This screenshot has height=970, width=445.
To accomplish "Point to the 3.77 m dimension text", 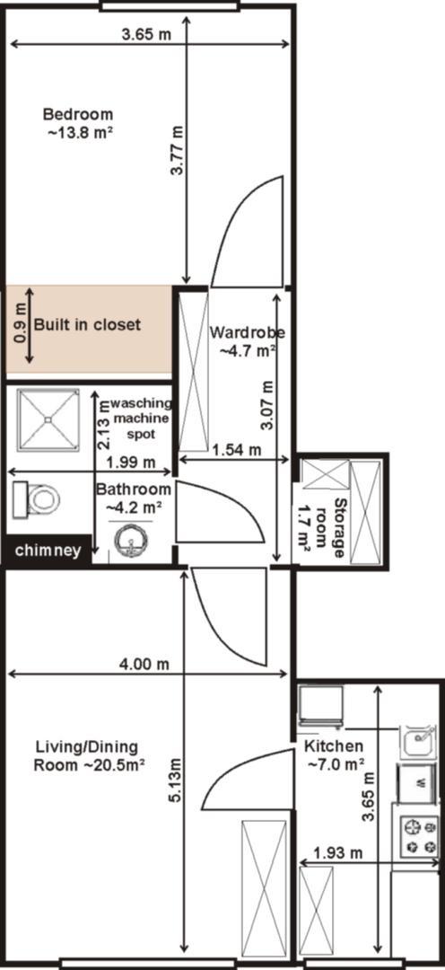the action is tap(178, 152).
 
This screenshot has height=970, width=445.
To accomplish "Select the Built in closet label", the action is tap(87, 324).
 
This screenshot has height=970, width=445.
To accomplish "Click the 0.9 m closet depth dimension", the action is tap(21, 325).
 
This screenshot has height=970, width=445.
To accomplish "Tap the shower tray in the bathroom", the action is tap(48, 419).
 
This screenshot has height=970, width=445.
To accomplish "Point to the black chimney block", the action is tap(48, 550).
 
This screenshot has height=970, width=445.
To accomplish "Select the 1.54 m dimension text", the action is tap(235, 450).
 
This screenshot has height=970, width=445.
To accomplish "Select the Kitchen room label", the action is tap(335, 754).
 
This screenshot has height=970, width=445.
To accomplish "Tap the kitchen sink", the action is tap(419, 742).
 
